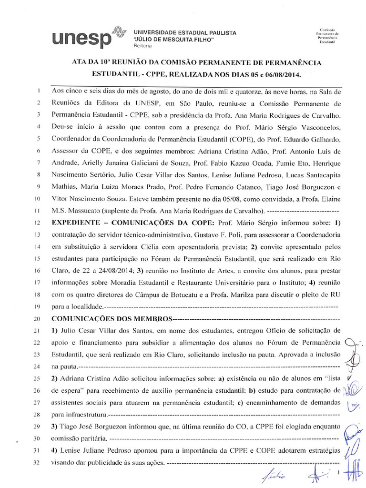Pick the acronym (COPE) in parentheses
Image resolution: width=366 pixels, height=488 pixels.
(220, 139)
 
